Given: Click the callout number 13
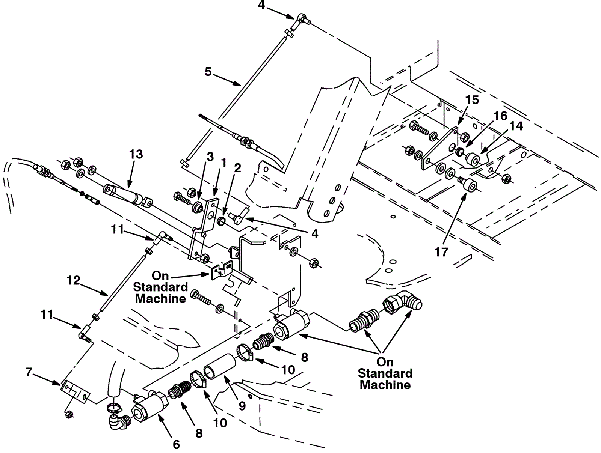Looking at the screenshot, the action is click(x=136, y=155).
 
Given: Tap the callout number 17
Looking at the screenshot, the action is click(x=441, y=252).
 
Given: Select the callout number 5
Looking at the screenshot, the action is click(x=208, y=72).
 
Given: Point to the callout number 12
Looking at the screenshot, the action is click(x=73, y=280).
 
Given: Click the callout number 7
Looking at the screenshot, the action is click(x=29, y=372).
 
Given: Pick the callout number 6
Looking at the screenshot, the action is click(x=177, y=444).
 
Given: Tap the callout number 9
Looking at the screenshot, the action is click(x=242, y=406).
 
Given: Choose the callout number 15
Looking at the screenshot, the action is click(x=472, y=100).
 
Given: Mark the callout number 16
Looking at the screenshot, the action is click(x=501, y=116).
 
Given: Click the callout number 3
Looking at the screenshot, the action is click(x=210, y=157).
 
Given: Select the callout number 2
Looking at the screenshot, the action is click(x=237, y=168).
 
